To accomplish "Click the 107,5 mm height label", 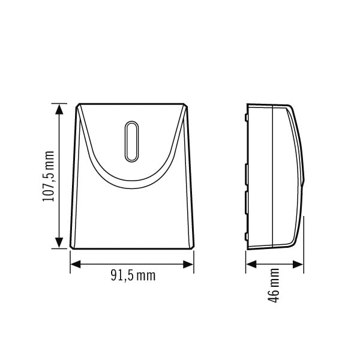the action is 49,176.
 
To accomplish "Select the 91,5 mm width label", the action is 133,275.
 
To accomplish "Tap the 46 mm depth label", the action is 274,286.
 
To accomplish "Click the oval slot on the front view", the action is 131,142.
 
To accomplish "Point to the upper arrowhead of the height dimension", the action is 59,109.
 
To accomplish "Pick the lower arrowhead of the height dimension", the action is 59,243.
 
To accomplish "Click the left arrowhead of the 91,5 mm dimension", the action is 76,264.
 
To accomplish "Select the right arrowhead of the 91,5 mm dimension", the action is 188,264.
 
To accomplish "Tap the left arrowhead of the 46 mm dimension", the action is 251,264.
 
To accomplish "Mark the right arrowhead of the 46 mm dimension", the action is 298,264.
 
